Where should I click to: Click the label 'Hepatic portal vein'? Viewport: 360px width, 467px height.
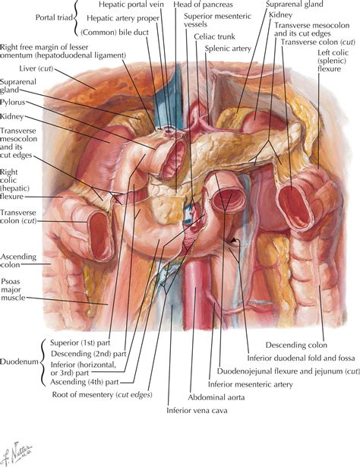click(131, 5)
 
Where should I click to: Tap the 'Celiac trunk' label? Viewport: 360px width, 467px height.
click(214, 36)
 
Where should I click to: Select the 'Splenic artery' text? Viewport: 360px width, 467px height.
click(228, 49)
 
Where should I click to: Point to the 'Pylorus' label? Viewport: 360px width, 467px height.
click(12, 103)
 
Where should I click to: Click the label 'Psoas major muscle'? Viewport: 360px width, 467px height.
click(13, 289)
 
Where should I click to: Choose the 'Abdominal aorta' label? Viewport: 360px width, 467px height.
click(216, 397)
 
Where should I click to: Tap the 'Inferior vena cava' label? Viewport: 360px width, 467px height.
click(197, 410)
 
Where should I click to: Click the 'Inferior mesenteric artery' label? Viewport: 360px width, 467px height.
click(251, 384)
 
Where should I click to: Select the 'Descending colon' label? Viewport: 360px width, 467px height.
click(296, 346)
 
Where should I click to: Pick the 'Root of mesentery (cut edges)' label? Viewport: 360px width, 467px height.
click(102, 395)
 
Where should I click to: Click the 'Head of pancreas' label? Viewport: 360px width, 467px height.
click(203, 5)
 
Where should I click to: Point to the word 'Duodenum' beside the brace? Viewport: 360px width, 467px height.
click(19, 362)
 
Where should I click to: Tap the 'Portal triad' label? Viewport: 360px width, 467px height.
click(54, 17)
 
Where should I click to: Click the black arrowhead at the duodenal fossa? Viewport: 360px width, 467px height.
click(235, 240)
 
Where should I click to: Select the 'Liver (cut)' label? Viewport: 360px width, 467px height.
click(36, 68)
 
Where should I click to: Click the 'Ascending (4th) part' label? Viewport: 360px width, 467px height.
click(84, 382)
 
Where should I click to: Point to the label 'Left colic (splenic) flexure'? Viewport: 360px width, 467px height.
click(333, 61)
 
